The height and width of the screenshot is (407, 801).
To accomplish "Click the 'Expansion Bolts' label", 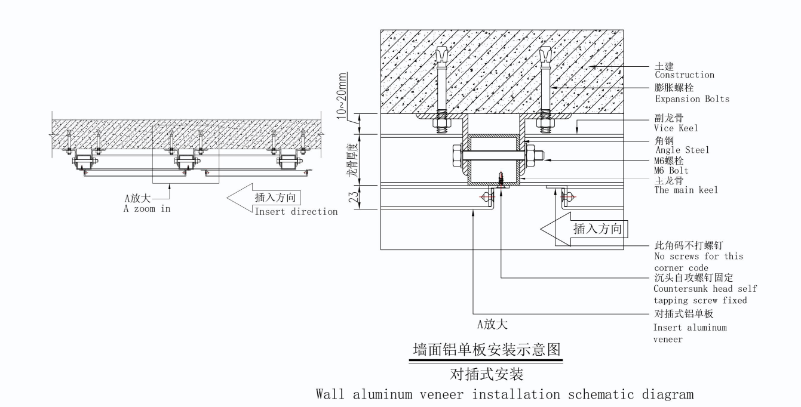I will [x=692, y=99].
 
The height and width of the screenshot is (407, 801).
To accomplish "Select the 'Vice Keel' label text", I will [x=676, y=128].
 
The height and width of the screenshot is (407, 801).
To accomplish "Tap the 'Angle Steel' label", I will [x=682, y=150].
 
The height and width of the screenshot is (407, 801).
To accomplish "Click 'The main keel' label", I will [x=686, y=190].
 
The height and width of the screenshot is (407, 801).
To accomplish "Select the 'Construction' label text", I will [x=684, y=75].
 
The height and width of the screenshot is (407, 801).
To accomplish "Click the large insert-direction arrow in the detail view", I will [x=582, y=229].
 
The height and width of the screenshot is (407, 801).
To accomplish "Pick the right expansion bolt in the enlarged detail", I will [x=545, y=90].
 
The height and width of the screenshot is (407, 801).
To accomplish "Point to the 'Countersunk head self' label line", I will [x=705, y=289].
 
